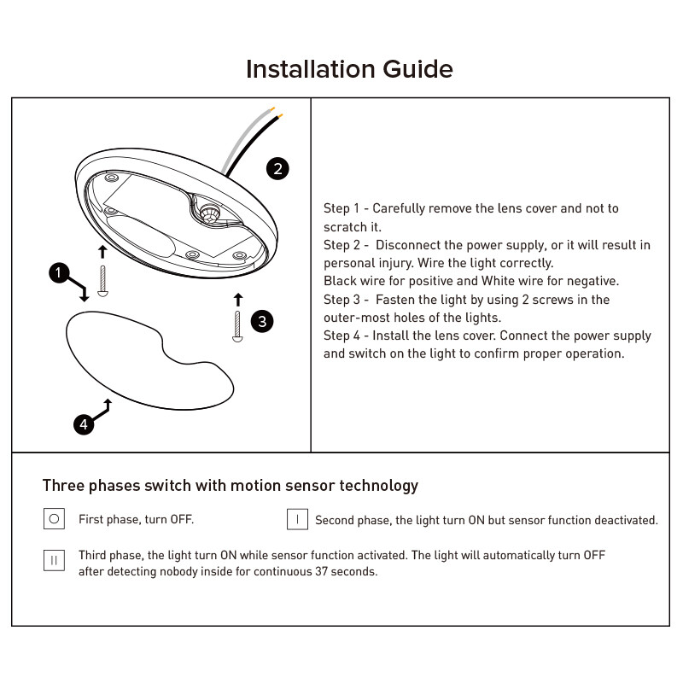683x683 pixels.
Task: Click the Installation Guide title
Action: [x=348, y=68]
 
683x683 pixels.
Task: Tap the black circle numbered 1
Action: [x=58, y=273]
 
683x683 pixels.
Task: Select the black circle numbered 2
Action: [x=277, y=168]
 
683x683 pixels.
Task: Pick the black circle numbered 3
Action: [x=262, y=321]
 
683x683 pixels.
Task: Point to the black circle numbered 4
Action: [x=83, y=423]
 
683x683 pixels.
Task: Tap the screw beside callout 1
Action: [x=102, y=280]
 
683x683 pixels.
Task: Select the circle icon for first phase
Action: [x=54, y=518]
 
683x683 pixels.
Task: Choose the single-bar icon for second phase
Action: [x=297, y=519]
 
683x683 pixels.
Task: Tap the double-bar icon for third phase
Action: [x=54, y=561]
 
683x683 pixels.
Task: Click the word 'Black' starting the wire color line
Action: [x=340, y=281]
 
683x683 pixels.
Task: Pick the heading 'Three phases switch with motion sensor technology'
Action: [x=231, y=486]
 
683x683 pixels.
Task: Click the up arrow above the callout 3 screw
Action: [x=238, y=299]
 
